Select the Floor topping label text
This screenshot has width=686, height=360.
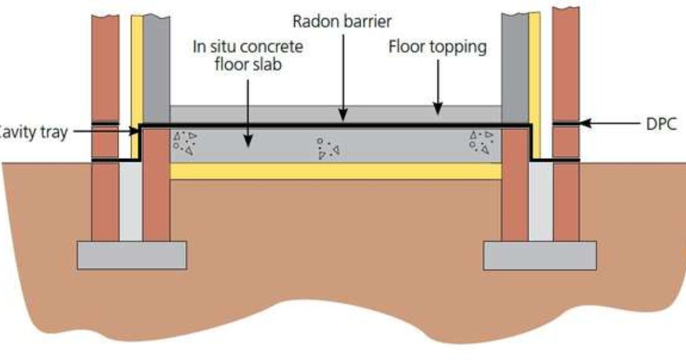tap(438, 46)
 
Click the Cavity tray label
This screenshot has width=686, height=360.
tap(34, 132)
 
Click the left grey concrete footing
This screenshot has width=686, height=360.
tap(131, 255)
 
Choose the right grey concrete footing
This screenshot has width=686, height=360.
tap(540, 255)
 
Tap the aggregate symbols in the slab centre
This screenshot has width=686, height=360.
tap(328, 148)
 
